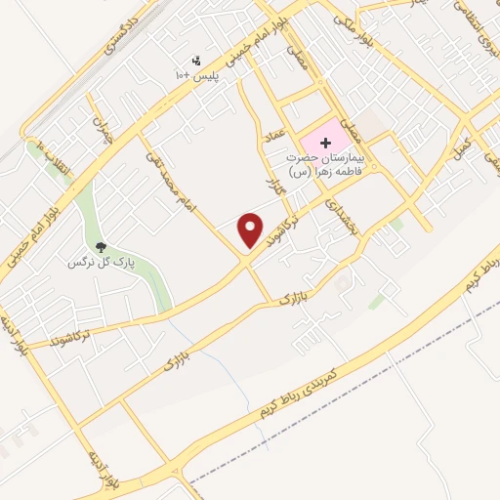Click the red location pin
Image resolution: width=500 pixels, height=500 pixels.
point(251,229)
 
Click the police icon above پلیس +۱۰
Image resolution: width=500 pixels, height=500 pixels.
point(197,61)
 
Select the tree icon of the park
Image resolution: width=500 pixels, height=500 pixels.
point(101,246)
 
